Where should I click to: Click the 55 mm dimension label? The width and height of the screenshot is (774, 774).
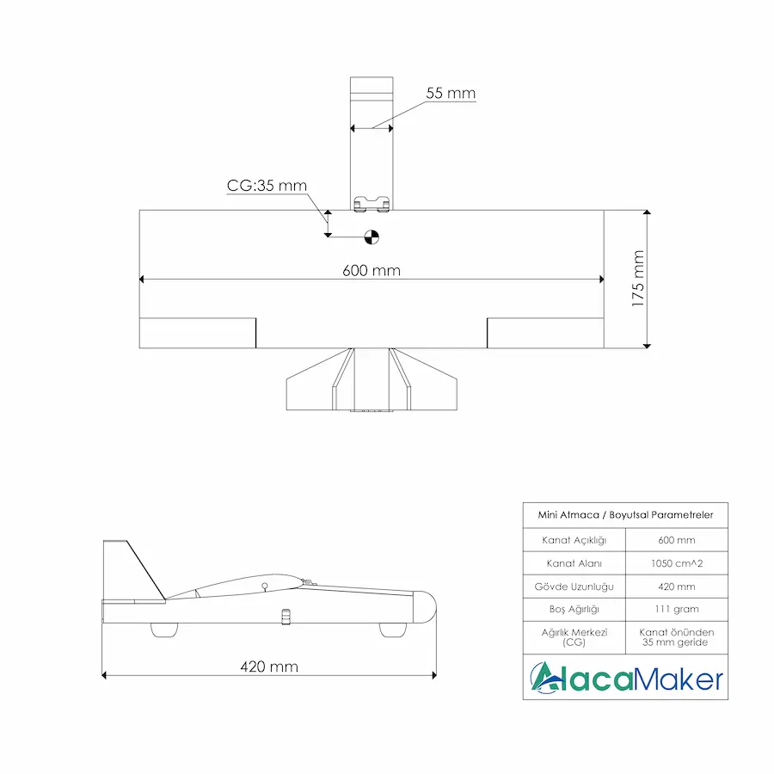coord(450,93)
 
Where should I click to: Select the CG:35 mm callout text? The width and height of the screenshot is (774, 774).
coord(267,185)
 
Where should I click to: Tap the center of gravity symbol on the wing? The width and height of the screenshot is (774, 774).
coord(372,234)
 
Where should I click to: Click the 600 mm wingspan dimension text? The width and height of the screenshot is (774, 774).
coord(372,270)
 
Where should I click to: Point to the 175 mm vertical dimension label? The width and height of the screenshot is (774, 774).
coord(637,279)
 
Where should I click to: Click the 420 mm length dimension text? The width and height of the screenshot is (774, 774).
coord(269,666)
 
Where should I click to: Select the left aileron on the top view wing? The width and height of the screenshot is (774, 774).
coord(198,334)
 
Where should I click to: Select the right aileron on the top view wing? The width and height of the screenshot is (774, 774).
coord(545,334)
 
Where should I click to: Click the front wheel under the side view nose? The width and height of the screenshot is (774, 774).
coord(393,630)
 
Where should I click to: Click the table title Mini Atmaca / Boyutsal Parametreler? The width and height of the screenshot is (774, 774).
coord(625,515)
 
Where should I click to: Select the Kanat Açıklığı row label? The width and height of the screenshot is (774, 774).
coord(574,540)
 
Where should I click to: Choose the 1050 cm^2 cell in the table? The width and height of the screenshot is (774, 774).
coord(677,563)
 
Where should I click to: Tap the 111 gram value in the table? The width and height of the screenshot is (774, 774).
coord(677,609)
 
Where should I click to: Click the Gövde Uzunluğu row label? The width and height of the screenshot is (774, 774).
coord(574,587)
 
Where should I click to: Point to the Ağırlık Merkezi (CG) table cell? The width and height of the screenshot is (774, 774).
coord(574,636)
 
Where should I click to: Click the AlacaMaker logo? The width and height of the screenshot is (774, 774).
coord(625,678)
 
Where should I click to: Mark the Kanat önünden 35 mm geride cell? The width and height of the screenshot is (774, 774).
coord(677,636)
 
